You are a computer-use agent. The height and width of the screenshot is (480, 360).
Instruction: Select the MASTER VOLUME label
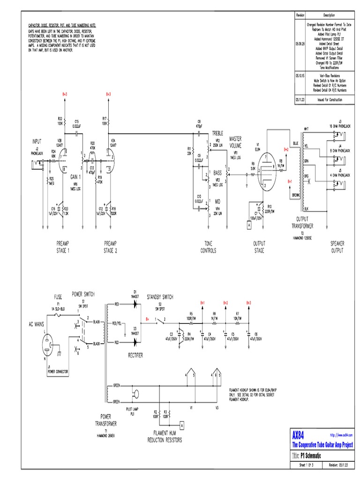click(x=235, y=142)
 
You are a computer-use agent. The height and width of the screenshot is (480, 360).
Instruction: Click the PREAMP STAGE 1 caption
click(x=63, y=247)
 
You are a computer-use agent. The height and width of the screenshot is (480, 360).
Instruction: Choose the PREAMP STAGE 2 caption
click(x=110, y=247)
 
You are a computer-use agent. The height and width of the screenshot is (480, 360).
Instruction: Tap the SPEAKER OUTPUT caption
click(x=337, y=247)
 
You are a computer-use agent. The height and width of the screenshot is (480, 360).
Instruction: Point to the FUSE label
click(x=59, y=297)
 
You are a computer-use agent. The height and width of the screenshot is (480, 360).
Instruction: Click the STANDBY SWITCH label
click(x=160, y=297)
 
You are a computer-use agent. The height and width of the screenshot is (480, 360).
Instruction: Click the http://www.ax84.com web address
click(x=341, y=435)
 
